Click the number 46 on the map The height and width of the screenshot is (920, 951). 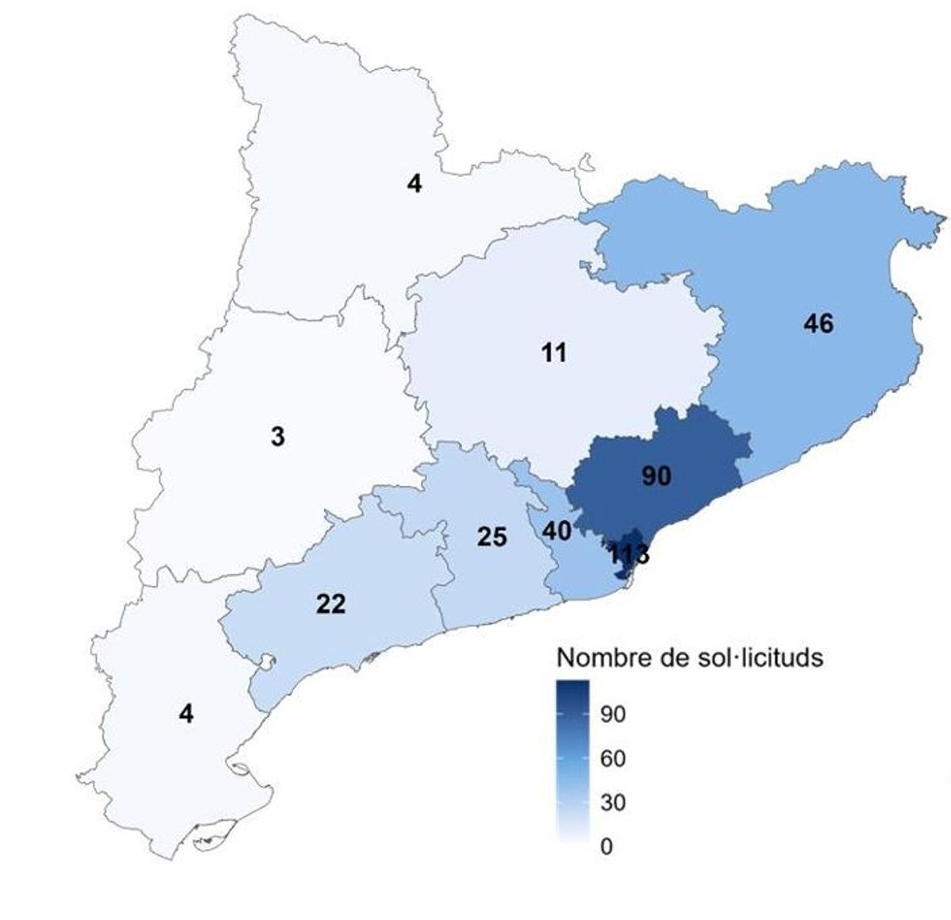point(818,323)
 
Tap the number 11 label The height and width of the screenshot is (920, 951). point(554,352)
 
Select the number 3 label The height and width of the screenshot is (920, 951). point(277,437)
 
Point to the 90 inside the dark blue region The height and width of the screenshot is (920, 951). point(656,476)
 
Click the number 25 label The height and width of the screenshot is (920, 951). point(491,537)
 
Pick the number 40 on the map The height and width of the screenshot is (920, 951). point(556,531)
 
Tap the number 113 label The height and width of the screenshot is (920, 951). point(628,555)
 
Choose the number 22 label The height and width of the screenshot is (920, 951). point(330,605)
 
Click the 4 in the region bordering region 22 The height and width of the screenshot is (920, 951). point(185,714)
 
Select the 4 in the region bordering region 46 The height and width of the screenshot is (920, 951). point(414,184)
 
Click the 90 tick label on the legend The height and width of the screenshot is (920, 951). point(613,715)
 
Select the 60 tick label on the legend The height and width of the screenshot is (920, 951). point(613,759)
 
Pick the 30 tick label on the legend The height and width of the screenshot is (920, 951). point(613,803)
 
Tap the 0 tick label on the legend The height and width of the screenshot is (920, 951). point(606,847)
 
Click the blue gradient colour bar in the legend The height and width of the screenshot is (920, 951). point(572,761)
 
